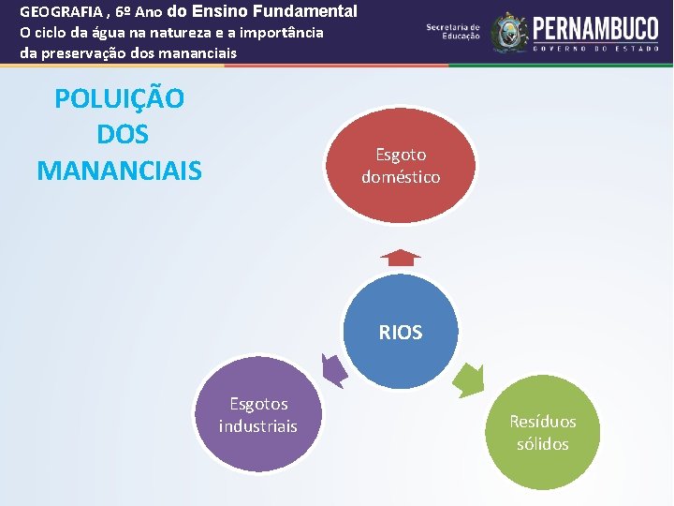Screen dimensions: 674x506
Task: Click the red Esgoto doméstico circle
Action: [401, 165]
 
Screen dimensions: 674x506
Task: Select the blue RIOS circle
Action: [401, 332]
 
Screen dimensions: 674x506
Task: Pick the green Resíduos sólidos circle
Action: [542, 433]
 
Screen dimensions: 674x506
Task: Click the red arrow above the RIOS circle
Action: [401, 258]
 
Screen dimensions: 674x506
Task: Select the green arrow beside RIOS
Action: [468, 379]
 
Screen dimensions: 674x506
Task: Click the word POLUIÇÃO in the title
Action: [119, 98]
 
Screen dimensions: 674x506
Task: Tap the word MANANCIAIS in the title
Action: [119, 171]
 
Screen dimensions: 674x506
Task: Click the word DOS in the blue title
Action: [123, 135]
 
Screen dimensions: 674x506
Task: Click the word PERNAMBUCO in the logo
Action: [595, 26]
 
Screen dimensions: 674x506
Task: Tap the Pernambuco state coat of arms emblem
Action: [509, 32]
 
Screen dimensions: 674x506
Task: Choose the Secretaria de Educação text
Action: [453, 32]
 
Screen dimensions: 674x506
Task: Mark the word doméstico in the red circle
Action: [401, 176]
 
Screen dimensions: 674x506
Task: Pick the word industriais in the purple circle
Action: [257, 426]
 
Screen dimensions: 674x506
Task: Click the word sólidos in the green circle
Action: [542, 444]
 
